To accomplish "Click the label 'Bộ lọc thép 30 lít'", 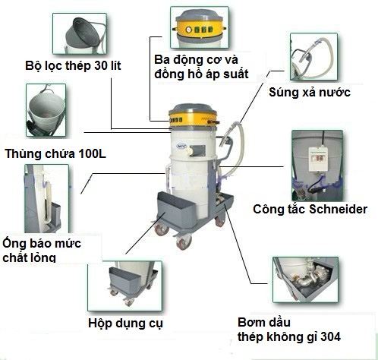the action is point(73,66).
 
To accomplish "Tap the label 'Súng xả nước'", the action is point(310,92).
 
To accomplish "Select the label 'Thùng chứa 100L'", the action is point(55,154).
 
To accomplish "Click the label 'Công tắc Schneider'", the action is point(310,210).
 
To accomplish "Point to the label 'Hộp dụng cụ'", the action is point(125,324).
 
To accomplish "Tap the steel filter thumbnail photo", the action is point(80,33).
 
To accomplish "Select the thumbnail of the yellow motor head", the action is point(200,27).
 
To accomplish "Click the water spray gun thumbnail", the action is point(313,57).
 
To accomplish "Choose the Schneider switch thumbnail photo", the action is point(317,166).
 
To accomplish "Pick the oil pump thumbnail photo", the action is point(305,279).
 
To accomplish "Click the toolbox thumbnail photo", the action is point(124,286).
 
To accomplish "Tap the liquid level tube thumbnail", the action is point(46,199).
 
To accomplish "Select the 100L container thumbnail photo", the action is point(46,111).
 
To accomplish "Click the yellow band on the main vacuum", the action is point(194,118).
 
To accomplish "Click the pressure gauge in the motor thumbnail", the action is point(189,30).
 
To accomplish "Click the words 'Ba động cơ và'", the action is point(196,60).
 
